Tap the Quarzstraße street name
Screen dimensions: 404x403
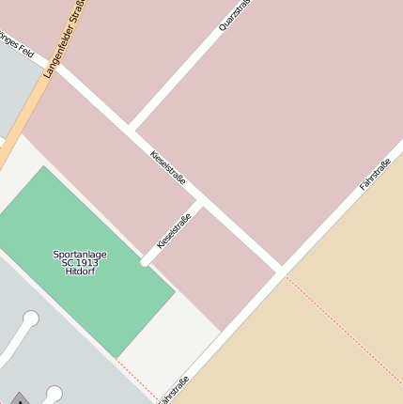236,16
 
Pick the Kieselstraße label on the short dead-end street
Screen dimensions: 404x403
174,230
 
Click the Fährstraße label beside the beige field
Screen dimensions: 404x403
375,174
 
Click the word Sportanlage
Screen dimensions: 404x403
80,254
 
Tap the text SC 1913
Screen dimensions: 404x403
80,262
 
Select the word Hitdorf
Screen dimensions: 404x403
80,272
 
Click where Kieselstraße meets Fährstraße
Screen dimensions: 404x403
280,271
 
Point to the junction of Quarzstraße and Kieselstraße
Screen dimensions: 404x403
130,126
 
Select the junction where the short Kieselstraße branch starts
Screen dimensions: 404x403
200,201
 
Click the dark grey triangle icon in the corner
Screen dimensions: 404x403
19,398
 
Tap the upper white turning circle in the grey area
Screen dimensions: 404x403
31,319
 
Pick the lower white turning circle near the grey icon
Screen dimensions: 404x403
54,393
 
